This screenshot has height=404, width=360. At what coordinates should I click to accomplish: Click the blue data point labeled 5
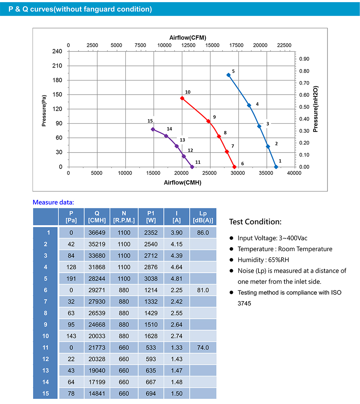coord(228,75)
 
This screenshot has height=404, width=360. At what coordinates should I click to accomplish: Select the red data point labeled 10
coord(182,98)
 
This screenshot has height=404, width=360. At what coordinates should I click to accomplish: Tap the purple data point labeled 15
coord(153,129)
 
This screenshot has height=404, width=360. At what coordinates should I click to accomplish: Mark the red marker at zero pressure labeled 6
coord(234,167)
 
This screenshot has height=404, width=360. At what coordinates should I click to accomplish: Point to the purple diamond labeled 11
coord(192,167)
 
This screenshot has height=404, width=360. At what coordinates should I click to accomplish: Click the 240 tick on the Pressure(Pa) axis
coord(58,51)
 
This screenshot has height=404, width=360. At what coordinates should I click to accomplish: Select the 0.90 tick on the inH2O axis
coord(304,59)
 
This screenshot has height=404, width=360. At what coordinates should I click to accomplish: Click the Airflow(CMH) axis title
coord(183,182)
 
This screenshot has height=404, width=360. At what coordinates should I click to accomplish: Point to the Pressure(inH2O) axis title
coord(316,109)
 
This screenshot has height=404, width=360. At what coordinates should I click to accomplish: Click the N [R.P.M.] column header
coord(124,217)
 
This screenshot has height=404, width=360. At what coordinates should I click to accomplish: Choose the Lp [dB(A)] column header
coord(203,217)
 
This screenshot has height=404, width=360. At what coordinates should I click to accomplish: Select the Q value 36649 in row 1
coord(97,233)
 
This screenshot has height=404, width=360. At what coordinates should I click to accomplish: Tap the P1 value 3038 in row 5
coord(151,279)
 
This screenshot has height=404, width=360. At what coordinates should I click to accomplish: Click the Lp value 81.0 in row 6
coord(203,290)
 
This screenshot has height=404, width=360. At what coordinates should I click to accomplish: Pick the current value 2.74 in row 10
coord(177,336)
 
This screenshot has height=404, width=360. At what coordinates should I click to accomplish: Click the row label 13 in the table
coord(46,371)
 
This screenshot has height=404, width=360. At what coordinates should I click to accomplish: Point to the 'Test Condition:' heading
coord(255,222)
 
